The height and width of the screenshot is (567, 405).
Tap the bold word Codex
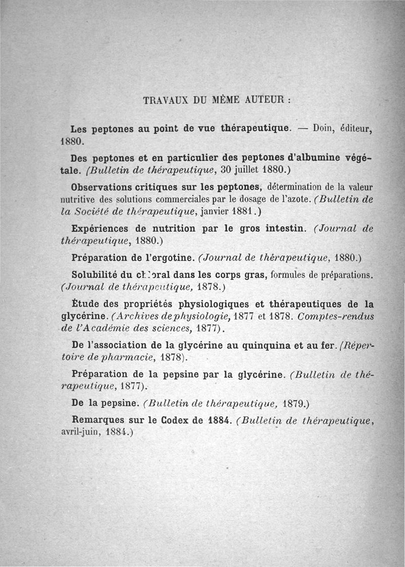(x=174, y=419)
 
